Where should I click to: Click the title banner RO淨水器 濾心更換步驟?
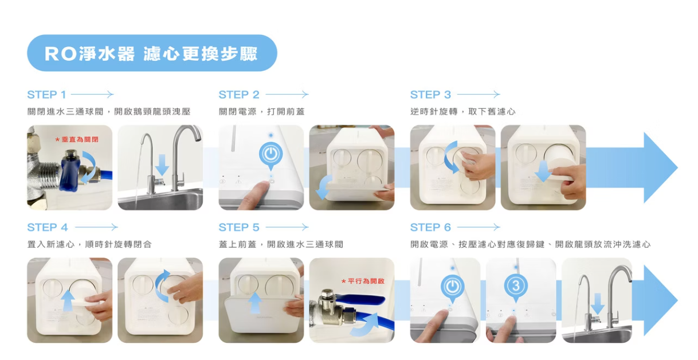pos(152,53)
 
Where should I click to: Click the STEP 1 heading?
pos(47,95)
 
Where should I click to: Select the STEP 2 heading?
pos(239,95)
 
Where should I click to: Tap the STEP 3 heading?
pos(430,95)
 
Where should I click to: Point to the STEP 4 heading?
pos(48,227)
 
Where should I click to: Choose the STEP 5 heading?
pos(239,227)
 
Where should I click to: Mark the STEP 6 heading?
pos(430,227)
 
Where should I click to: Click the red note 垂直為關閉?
pos(77,139)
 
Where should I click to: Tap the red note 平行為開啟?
pos(363,281)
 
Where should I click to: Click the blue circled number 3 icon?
pos(516,286)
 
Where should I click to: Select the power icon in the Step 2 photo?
pos(271,154)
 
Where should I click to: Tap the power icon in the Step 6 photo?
pos(453,287)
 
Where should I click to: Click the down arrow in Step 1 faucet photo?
pos(162,165)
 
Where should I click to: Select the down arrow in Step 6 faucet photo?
pos(598,304)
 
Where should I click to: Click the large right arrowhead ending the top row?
pos(657,168)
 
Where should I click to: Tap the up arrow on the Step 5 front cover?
pos(255,302)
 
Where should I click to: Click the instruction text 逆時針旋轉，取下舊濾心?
pos(463,112)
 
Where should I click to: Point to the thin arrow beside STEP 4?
pos(96,227)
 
